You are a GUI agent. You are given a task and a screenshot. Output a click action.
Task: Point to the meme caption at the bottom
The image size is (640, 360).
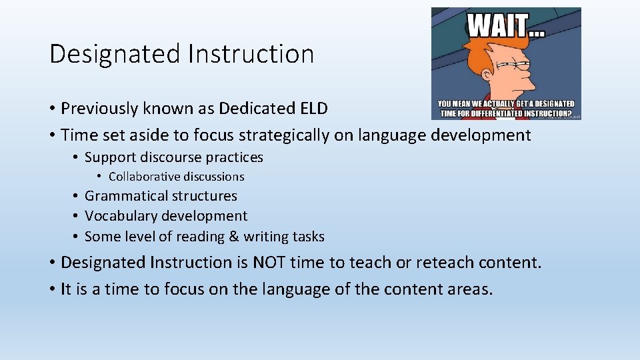coord(506,109)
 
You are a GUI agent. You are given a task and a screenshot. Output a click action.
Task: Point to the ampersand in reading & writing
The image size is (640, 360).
coord(233,237)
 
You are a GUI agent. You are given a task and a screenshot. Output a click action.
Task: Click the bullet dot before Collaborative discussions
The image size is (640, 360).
coord(99,177)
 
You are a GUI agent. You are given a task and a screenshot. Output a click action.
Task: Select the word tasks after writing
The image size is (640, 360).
coord(309,237)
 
